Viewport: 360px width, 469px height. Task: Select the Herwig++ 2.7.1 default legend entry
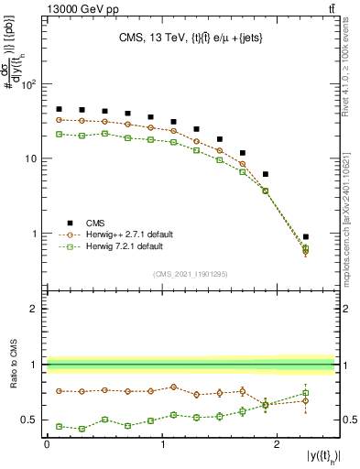coord(123,234)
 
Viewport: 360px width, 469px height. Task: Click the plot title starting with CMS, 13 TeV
coord(191,38)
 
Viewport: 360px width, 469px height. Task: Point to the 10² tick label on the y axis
coord(28,85)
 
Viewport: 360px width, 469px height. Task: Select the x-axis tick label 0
coord(47,443)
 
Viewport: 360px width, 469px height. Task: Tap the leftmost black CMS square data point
coord(59,109)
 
